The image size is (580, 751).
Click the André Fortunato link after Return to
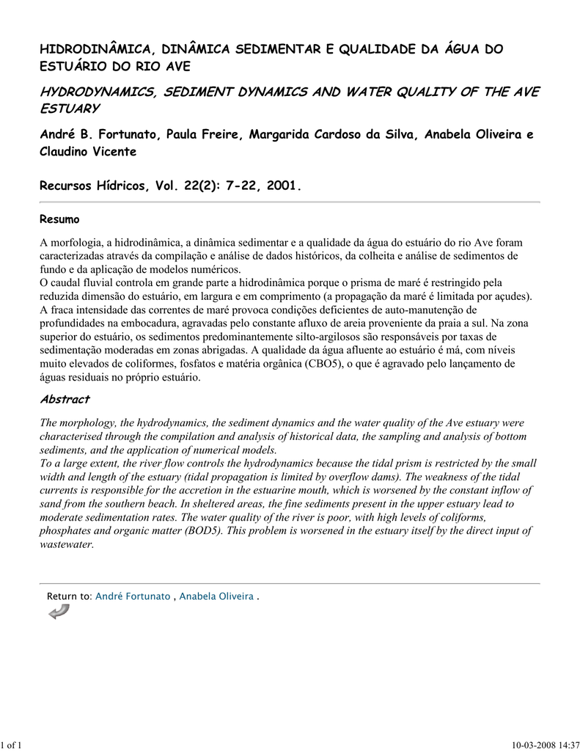tap(133, 596)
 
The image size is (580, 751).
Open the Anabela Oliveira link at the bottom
tap(217, 596)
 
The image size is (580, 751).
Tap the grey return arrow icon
tap(58, 612)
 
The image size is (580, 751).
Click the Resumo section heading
tap(59, 219)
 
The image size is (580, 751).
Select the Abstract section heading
tap(65, 399)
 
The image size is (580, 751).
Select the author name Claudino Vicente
tap(87, 151)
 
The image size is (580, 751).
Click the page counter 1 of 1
tap(12, 746)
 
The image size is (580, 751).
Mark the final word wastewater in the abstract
tap(66, 543)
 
